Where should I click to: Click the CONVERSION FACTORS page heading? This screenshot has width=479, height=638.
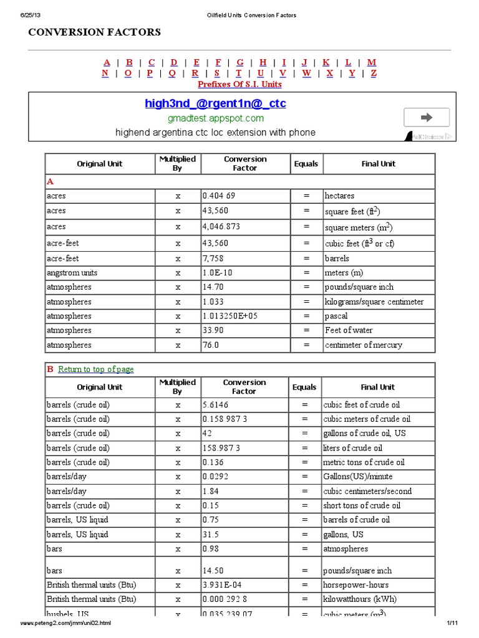pos(94,32)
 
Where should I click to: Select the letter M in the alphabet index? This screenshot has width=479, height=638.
pos(372,62)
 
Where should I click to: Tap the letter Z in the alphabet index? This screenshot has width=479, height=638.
pos(374,73)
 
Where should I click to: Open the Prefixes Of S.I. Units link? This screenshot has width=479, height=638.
pos(239,84)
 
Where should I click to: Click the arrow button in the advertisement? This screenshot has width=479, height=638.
pos(427,117)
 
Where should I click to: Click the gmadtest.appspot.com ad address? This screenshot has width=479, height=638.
pos(215,118)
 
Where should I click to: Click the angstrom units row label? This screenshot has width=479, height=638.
pos(72,273)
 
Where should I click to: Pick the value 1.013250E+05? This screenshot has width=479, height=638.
pos(230,316)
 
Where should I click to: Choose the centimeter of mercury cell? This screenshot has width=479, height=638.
pos(363,345)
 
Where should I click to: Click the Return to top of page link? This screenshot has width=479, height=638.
pos(96,369)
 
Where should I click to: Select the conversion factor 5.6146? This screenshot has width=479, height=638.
pos(216,405)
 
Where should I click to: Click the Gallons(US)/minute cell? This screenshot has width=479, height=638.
pos(357,477)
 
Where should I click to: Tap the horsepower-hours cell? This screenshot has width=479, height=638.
pos(356,585)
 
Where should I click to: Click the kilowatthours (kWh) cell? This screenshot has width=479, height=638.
pos(359,599)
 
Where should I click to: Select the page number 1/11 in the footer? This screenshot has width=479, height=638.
pos(452,623)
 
